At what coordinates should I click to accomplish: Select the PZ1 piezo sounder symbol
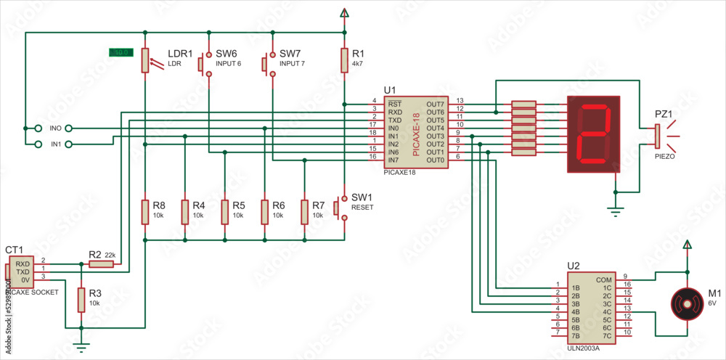(x=657, y=134)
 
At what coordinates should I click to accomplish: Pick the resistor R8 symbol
(x=145, y=211)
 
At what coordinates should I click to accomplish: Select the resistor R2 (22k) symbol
(x=102, y=265)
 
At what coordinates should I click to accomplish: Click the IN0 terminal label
(x=56, y=128)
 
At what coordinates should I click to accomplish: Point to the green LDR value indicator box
(x=120, y=52)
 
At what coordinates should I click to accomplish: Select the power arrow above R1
(x=344, y=12)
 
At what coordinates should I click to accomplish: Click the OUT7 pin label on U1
(x=436, y=105)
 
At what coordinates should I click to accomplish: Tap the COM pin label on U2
(x=603, y=279)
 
